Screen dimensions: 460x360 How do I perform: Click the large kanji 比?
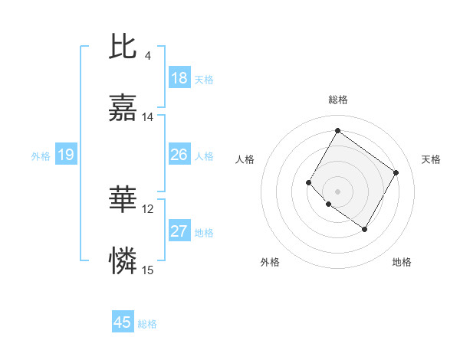pos(123,47)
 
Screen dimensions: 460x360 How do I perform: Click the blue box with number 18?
pos(179,78)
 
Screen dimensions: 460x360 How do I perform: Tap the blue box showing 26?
pos(179,155)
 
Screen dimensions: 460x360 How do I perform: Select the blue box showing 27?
pos(179,231)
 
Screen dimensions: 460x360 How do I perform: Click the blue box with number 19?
pos(66,155)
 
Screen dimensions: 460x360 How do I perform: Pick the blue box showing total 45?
pos(123,322)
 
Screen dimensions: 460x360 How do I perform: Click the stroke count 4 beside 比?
pos(148,55)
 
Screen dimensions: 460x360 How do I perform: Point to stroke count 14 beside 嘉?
pos(148,117)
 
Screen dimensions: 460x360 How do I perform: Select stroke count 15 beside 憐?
pos(148,270)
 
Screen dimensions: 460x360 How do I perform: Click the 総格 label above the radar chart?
pos(338,100)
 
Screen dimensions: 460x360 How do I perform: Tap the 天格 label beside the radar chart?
pos(431,159)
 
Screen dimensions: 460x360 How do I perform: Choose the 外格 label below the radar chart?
pos(270,262)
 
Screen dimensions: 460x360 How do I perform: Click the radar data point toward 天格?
pos(396,172)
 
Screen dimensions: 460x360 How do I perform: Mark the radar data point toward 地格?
pos(365,230)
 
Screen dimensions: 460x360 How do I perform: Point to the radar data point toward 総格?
pos(337,130)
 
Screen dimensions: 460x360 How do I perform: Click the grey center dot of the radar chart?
pos(337,191)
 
